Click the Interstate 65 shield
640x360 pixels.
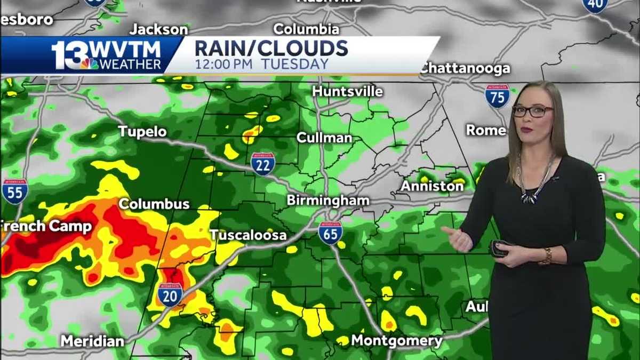(330, 233)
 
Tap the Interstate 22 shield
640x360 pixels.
(263, 164)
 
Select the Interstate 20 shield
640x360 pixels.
(170, 294)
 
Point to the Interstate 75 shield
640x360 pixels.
(497, 97)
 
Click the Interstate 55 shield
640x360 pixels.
(14, 191)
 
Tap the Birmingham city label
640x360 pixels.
(328, 201)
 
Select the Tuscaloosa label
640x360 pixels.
(248, 235)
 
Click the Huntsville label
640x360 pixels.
(347, 91)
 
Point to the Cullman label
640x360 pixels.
(324, 138)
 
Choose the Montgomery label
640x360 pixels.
(397, 340)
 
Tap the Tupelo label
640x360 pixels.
(142, 131)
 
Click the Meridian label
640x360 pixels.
(92, 341)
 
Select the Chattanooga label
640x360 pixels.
(465, 68)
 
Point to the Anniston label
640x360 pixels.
(432, 186)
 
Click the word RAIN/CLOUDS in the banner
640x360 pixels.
(271, 48)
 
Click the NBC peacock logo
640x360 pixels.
(89, 63)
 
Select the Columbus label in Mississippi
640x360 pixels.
(154, 204)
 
